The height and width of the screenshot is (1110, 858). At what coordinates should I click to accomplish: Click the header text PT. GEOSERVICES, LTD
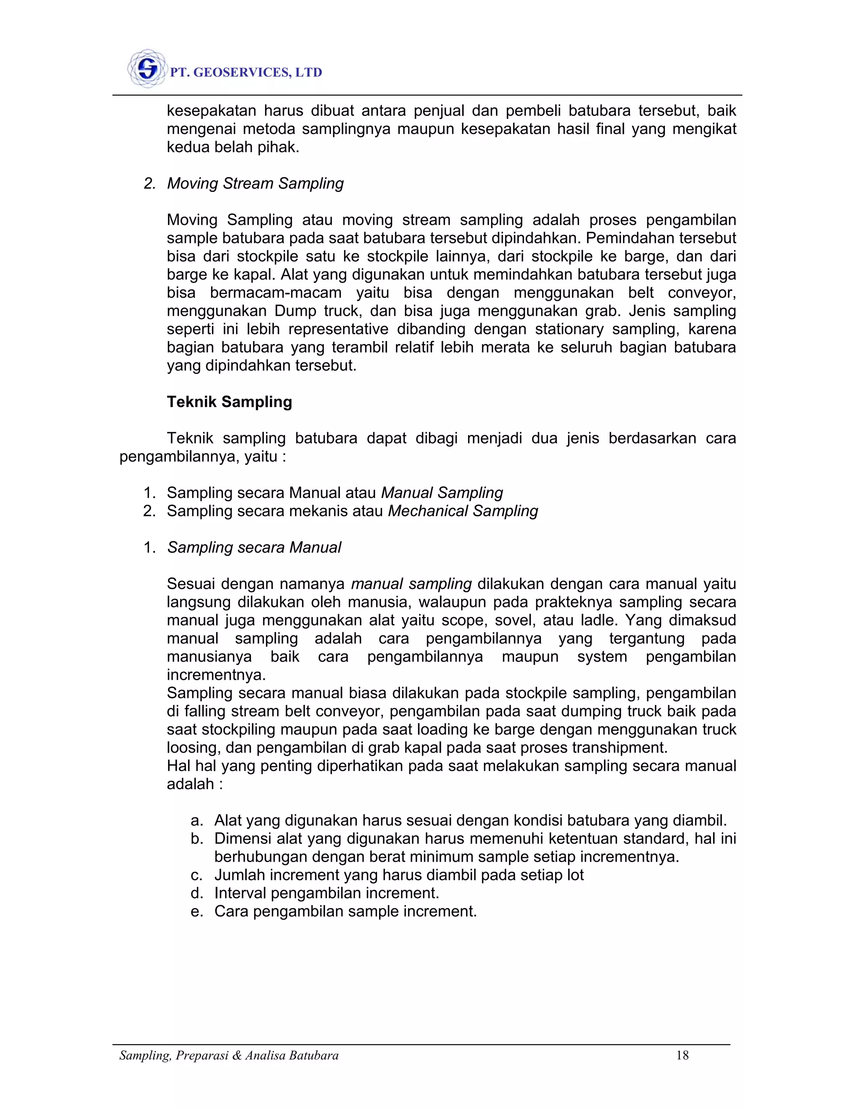[246, 73]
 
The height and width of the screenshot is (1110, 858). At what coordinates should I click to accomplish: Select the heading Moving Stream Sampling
[255, 183]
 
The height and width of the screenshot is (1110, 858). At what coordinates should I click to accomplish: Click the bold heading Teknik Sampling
[229, 402]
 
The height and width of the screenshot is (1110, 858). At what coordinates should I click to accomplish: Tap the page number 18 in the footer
[682, 1056]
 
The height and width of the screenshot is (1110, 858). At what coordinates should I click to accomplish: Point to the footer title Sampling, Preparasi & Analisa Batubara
[229, 1056]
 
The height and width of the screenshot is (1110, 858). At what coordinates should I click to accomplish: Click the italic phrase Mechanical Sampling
[463, 511]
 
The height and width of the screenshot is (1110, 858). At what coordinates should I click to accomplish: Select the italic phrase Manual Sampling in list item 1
[442, 493]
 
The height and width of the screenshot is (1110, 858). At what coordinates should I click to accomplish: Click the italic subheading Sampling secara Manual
[254, 547]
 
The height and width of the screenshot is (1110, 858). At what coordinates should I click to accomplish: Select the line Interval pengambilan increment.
[326, 893]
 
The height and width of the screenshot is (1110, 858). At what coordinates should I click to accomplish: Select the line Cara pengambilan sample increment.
[345, 911]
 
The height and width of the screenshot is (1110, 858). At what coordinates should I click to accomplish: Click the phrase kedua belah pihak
[233, 147]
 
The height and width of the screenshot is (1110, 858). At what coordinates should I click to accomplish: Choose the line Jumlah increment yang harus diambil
[398, 875]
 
